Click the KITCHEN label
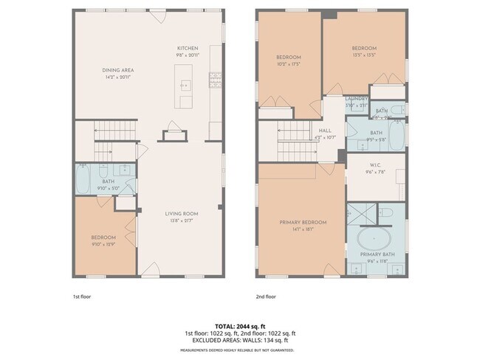click(187, 48)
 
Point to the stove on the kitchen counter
click(216, 77)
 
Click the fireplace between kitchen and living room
click(174, 134)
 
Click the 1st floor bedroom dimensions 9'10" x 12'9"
click(104, 243)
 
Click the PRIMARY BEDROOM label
click(303, 222)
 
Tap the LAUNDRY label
click(357, 99)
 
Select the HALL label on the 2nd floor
click(325, 131)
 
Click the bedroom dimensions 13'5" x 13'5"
click(365, 54)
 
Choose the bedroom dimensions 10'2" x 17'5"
click(289, 63)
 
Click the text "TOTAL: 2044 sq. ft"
click(240, 325)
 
